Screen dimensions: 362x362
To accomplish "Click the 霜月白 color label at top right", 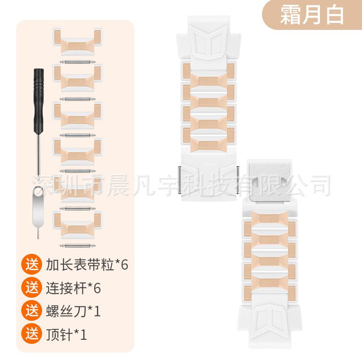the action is pyautogui.click(x=312, y=15).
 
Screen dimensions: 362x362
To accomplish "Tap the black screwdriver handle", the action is pyautogui.click(x=38, y=100).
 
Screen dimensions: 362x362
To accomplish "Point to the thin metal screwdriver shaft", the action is pyautogui.click(x=39, y=154).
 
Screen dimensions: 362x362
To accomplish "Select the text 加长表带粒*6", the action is pyautogui.click(x=87, y=264).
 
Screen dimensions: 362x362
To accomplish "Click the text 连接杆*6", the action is pyautogui.click(x=73, y=288).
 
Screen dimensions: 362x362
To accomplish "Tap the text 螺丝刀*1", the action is pyautogui.click(x=73, y=311).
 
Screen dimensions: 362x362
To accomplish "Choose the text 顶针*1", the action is pyautogui.click(x=66, y=334).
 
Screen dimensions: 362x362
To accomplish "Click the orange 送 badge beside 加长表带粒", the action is pyautogui.click(x=32, y=264).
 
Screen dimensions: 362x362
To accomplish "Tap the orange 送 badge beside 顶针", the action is pyautogui.click(x=32, y=333).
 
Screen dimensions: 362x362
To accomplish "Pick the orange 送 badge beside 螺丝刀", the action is pyautogui.click(x=32, y=310).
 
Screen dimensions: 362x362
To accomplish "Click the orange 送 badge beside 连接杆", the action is pyautogui.click(x=32, y=287).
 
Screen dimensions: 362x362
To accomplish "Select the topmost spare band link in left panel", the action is pyautogui.click(x=77, y=42).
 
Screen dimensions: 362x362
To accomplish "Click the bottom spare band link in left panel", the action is pyautogui.click(x=77, y=224).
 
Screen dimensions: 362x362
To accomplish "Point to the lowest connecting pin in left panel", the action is pyautogui.click(x=77, y=245).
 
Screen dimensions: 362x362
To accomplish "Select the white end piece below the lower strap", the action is pyautogui.click(x=269, y=325).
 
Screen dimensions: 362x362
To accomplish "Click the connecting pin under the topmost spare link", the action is pyautogui.click(x=77, y=62).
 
